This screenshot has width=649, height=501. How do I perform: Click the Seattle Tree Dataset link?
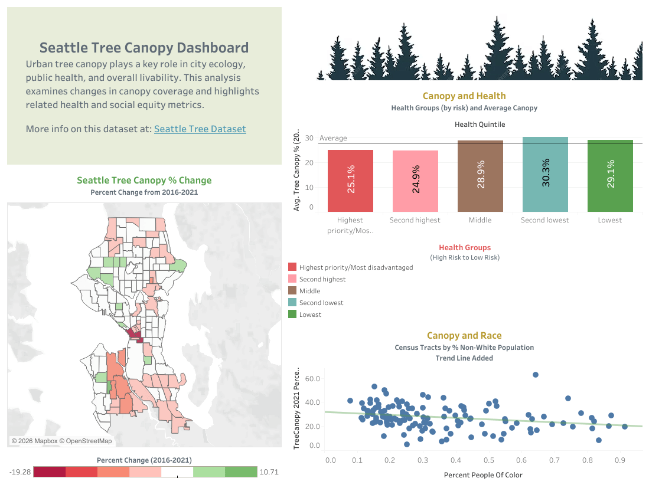coord(200,129)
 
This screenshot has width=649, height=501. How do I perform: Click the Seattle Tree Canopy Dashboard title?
coord(144,48)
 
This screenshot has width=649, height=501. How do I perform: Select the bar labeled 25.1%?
coord(350,181)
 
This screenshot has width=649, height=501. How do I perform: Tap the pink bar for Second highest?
coord(415,181)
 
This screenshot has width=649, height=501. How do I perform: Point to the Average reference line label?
coord(333,138)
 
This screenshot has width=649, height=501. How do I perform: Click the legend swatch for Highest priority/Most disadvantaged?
coord(292,267)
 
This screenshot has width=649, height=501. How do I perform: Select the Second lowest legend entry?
coord(321,303)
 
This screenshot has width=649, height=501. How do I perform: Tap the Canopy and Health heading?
coord(464,96)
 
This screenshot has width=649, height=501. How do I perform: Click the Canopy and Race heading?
coord(464,335)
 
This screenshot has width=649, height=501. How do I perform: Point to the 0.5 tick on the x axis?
coord(488,460)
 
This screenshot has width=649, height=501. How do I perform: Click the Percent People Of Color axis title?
coord(483,474)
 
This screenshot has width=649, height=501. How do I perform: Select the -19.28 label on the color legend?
coord(20,472)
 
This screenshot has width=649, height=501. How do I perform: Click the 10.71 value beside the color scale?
coord(269,472)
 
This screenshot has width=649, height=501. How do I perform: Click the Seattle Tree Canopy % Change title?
coord(144,181)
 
